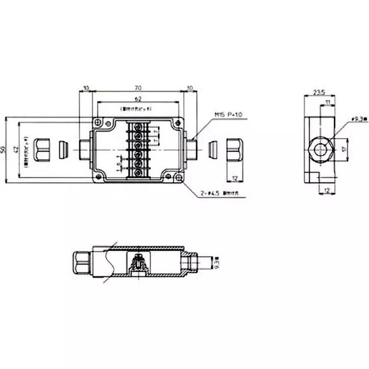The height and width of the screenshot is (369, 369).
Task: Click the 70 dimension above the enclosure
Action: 138,88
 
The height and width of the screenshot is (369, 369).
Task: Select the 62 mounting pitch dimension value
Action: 138,99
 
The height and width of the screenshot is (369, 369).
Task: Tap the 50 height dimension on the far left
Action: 4,149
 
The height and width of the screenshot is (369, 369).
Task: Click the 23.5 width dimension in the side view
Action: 318,93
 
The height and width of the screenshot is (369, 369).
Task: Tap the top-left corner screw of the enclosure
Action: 98,122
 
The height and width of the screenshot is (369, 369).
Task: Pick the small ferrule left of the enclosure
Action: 64,149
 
